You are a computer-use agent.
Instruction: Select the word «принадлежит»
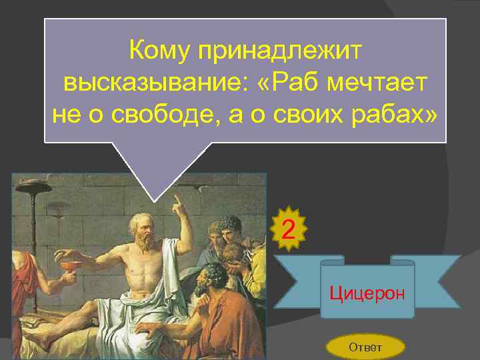(x=285, y=50)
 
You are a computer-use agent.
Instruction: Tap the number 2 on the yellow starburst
(x=289, y=231)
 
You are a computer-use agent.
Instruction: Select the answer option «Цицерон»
(x=367, y=293)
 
